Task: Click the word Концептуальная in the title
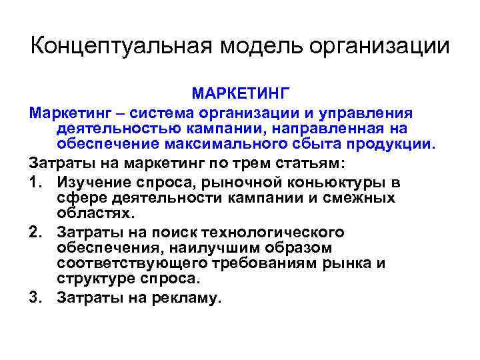[x=119, y=47]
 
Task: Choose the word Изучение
[x=92, y=181]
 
